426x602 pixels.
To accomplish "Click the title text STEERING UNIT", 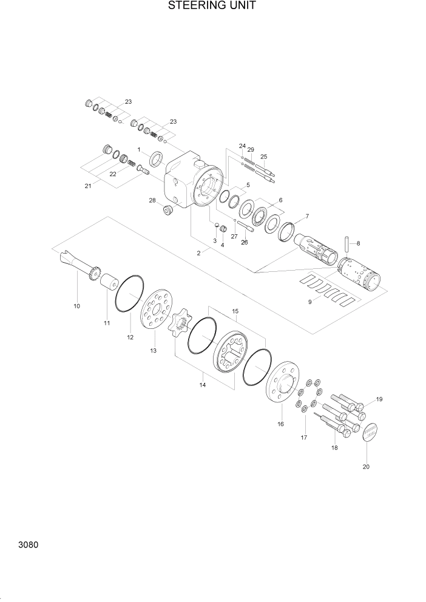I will [212, 6].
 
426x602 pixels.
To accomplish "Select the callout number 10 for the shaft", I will [76, 306].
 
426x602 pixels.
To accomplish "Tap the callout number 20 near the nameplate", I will [366, 467].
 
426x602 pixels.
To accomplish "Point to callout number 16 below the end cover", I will [280, 424].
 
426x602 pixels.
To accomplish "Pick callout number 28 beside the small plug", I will [152, 200].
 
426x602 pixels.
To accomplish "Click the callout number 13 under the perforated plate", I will [154, 351].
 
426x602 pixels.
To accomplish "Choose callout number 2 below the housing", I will [198, 253].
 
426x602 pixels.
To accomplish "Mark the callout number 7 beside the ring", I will [307, 216].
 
